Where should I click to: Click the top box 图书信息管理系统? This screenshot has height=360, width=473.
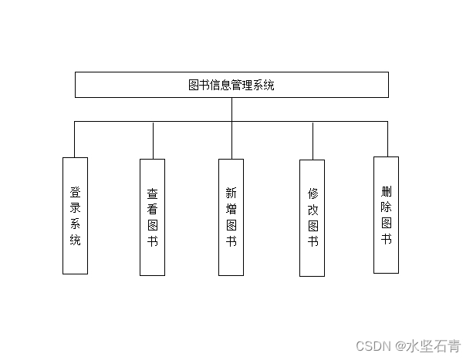tap(231, 85)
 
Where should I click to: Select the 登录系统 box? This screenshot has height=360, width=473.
tap(75, 215)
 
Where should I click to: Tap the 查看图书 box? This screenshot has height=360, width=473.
tap(152, 217)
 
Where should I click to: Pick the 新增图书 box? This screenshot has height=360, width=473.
tap(231, 217)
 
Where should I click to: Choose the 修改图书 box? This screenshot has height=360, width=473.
tap(312, 217)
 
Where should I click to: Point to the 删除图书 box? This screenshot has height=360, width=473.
tap(386, 214)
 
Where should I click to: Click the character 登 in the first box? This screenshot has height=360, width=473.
tap(75, 192)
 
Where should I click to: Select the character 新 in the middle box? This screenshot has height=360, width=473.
tap(231, 193)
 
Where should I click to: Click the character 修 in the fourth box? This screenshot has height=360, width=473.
tap(313, 193)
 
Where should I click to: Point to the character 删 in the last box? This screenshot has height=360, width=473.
tap(386, 190)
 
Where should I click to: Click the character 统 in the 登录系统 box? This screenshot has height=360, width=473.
tap(75, 241)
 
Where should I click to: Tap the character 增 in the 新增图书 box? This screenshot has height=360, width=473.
tap(231, 209)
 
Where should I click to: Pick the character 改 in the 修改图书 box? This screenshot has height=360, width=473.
tap(313, 210)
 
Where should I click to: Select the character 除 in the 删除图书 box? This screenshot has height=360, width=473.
tap(386, 206)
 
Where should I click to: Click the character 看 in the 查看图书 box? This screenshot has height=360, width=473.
tap(152, 210)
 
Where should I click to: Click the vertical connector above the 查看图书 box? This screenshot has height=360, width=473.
tap(153, 140)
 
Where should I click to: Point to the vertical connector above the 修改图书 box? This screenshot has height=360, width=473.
tap(313, 141)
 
